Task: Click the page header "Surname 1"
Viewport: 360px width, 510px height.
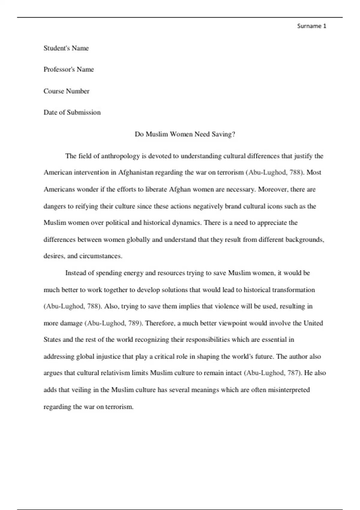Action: (x=311, y=26)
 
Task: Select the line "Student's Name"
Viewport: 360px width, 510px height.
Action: (x=66, y=48)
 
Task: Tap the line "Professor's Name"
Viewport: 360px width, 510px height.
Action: (x=69, y=70)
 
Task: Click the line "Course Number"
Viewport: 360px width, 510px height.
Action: (x=66, y=91)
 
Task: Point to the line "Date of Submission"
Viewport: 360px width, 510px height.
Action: (x=72, y=112)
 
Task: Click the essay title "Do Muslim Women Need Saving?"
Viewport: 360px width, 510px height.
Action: (x=185, y=134)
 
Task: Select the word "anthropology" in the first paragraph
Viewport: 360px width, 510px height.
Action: (x=120, y=156)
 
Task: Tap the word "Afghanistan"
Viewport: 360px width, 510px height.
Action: (x=136, y=172)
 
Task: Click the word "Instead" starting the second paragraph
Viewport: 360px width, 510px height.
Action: (x=76, y=273)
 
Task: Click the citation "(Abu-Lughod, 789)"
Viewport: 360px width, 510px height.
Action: (x=114, y=323)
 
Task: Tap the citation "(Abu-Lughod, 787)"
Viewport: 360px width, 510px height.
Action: (x=273, y=373)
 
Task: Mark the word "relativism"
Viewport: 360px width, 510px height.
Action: (x=115, y=373)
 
